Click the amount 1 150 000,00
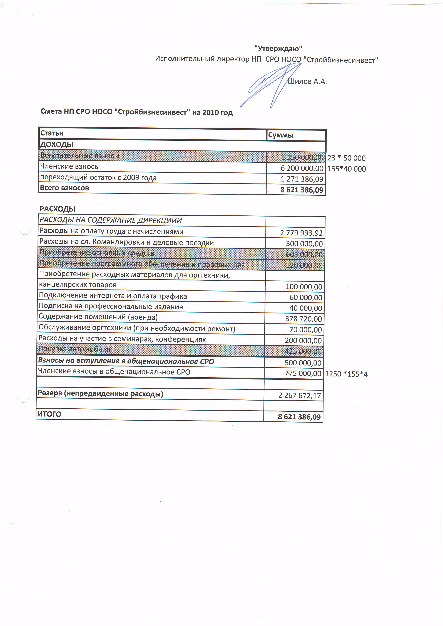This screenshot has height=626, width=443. click(302, 157)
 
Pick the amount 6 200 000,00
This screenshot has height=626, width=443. click(302, 168)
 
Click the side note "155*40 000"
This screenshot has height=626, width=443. click(346, 169)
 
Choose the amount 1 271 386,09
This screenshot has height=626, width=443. click(302, 179)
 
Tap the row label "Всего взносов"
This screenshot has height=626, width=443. click(64, 188)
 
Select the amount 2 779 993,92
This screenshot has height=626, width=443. click(301, 233)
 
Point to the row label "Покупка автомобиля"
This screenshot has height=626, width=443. click(74, 349)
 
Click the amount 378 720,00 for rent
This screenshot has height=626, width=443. click(303, 319)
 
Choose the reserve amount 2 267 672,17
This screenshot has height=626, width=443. click(300, 395)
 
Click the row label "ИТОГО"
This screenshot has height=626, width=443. click(49, 414)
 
